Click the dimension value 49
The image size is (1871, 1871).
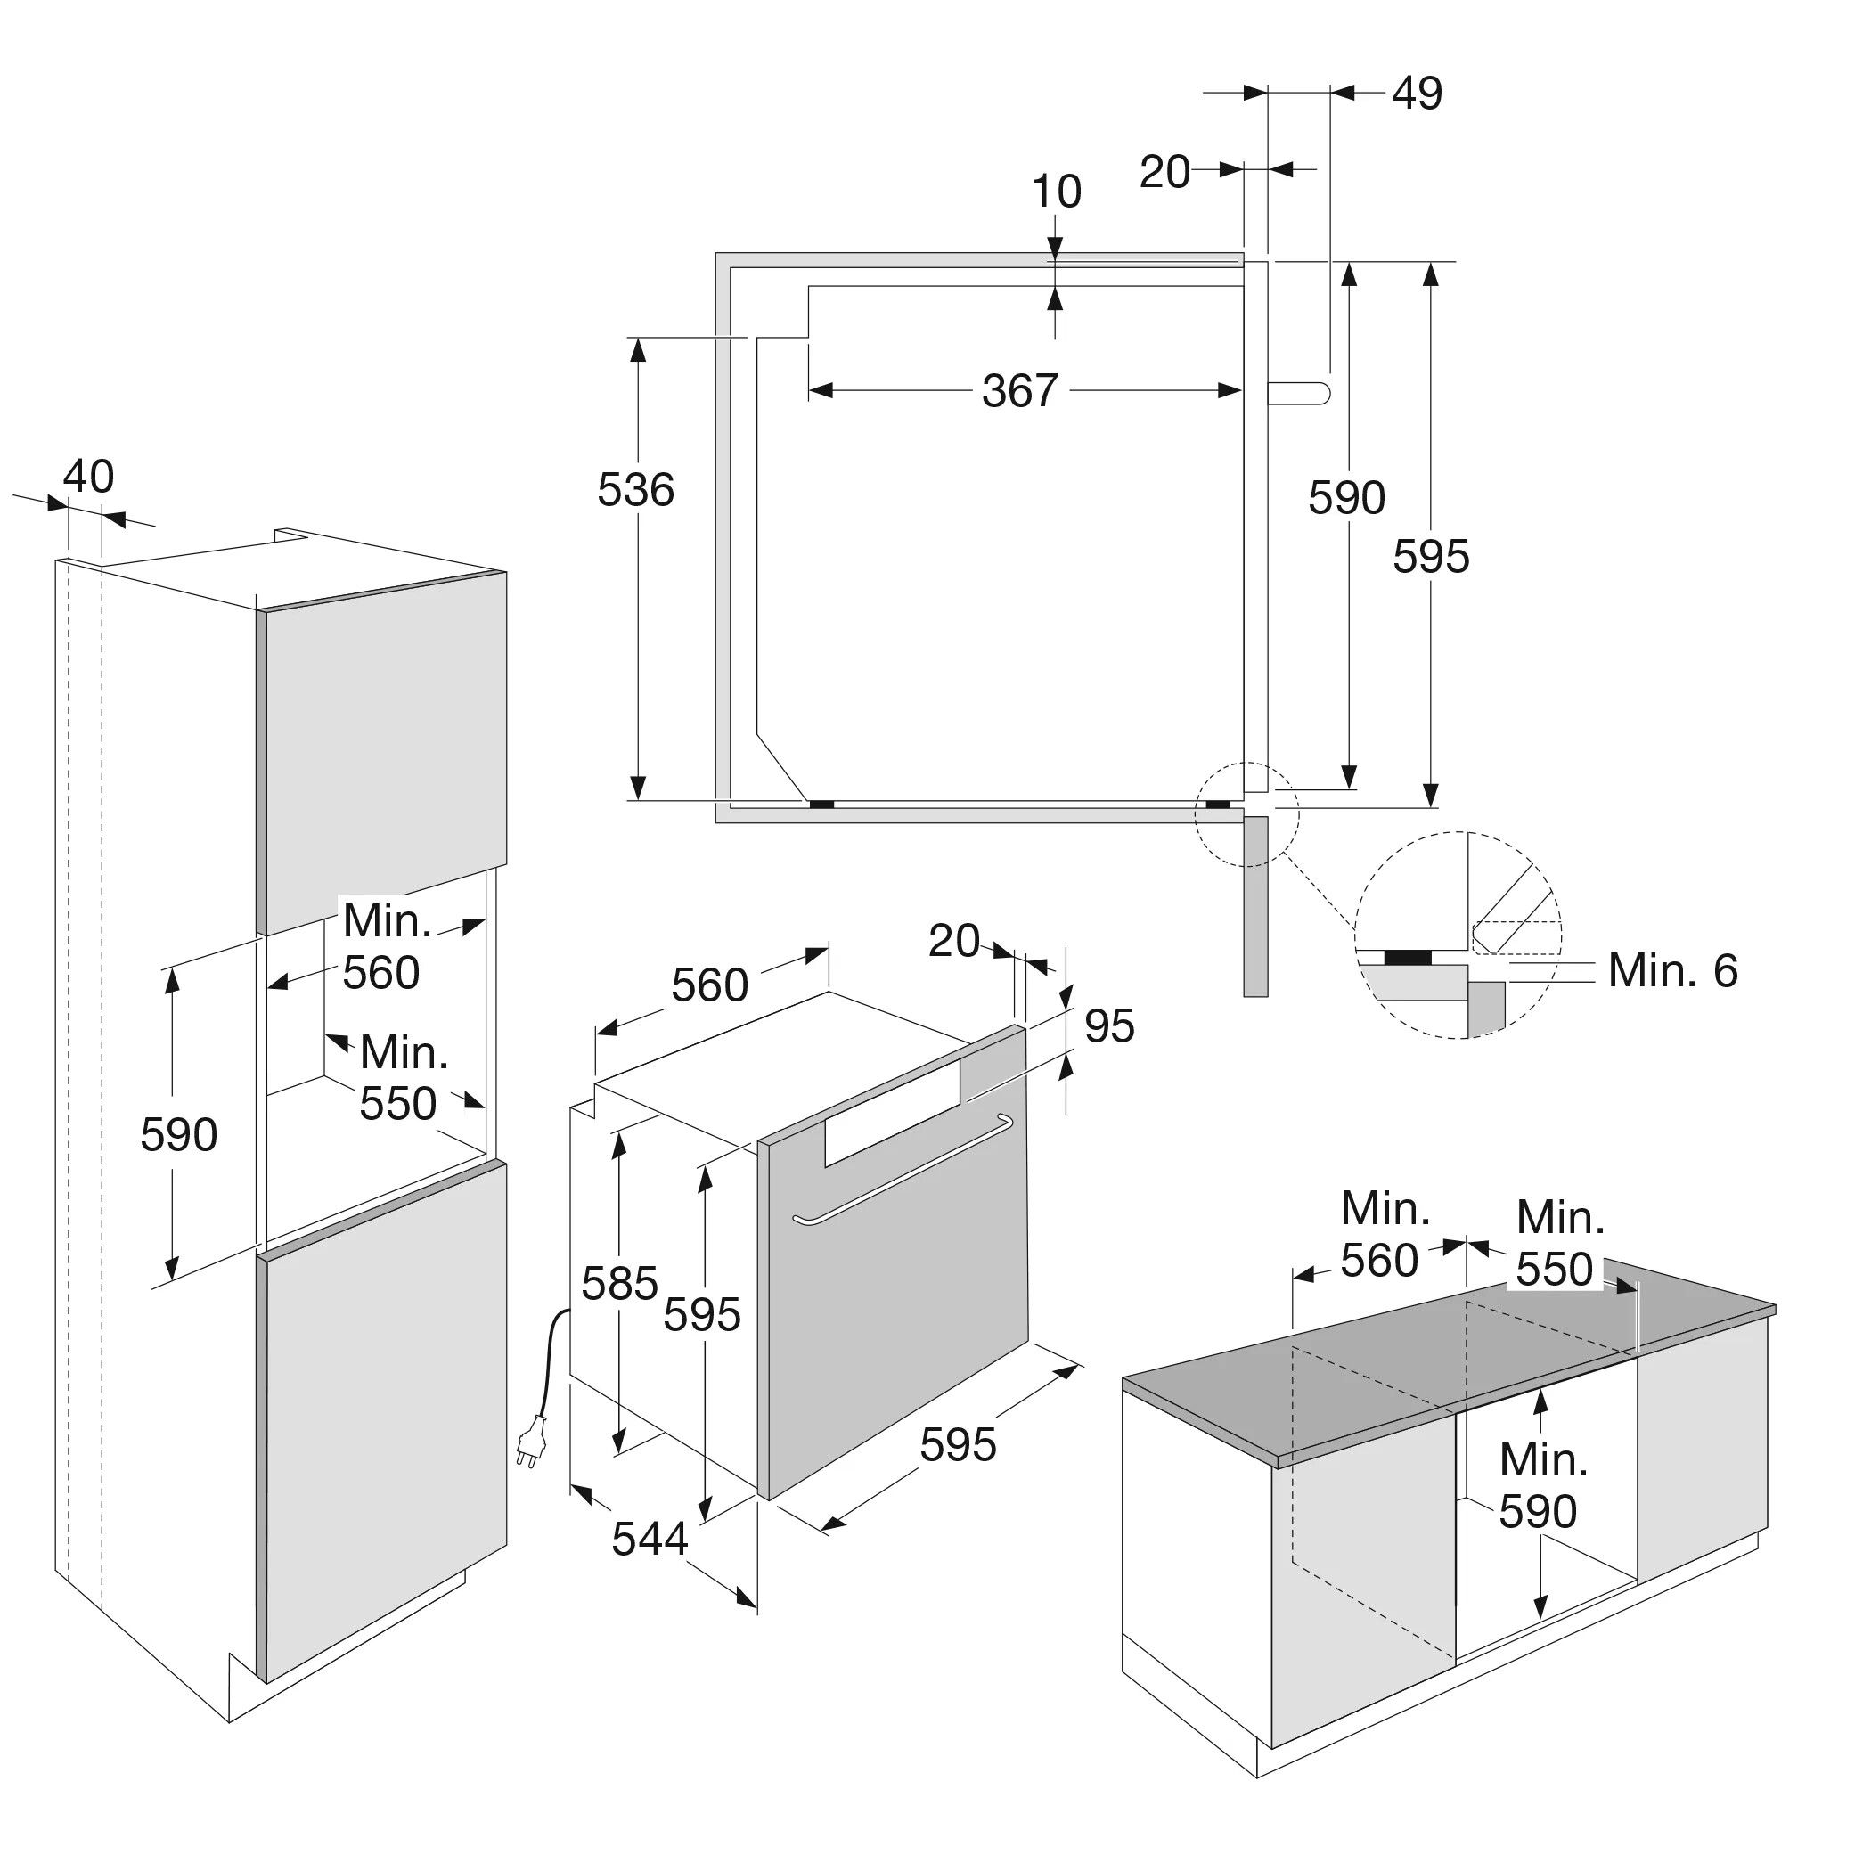point(1417,93)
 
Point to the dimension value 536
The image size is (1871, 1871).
point(635,490)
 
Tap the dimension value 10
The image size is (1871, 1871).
point(1056,192)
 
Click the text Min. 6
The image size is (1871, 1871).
point(1672,970)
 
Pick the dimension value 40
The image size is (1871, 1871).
point(88,477)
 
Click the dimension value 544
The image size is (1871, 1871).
point(650,1538)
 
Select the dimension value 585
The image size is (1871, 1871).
point(620,1283)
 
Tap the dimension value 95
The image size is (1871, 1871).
point(1109,1025)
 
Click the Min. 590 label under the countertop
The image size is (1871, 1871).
point(1543,1484)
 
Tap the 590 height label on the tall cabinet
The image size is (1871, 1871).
point(178,1134)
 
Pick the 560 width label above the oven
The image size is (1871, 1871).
point(710,985)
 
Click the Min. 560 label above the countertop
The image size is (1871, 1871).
point(1384,1235)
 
